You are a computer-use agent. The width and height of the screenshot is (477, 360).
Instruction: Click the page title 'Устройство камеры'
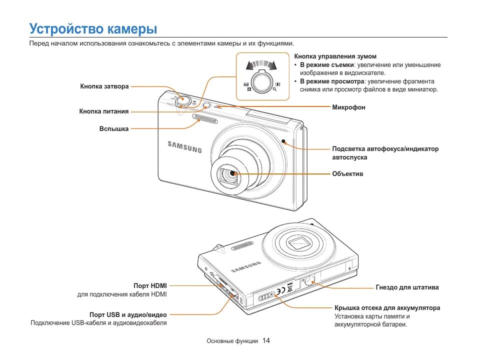[93, 28]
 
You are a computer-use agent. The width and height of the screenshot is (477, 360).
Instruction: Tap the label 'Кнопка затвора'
[104, 86]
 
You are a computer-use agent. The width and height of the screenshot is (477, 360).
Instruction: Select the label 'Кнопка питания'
[104, 111]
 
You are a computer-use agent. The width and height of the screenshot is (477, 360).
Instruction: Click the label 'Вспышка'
[114, 129]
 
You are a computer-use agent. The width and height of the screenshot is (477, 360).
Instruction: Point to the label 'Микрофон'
[349, 107]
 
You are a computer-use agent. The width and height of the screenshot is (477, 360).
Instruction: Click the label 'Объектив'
[347, 174]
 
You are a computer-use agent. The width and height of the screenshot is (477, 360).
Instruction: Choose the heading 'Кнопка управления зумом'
[335, 56]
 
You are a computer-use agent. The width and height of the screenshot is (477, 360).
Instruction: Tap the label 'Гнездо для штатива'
[407, 287]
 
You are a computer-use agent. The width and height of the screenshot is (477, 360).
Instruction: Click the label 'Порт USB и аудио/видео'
[128, 315]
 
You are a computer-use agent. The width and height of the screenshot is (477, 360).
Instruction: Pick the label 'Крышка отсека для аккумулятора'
[387, 308]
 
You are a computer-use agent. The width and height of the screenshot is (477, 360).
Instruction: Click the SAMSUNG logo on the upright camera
[184, 146]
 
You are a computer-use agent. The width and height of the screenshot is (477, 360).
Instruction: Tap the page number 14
[266, 340]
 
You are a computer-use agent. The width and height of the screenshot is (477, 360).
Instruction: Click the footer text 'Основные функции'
[232, 341]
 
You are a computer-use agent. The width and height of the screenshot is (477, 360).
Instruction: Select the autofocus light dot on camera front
[283, 141]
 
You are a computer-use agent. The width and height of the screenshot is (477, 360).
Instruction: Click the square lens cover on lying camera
[300, 243]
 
